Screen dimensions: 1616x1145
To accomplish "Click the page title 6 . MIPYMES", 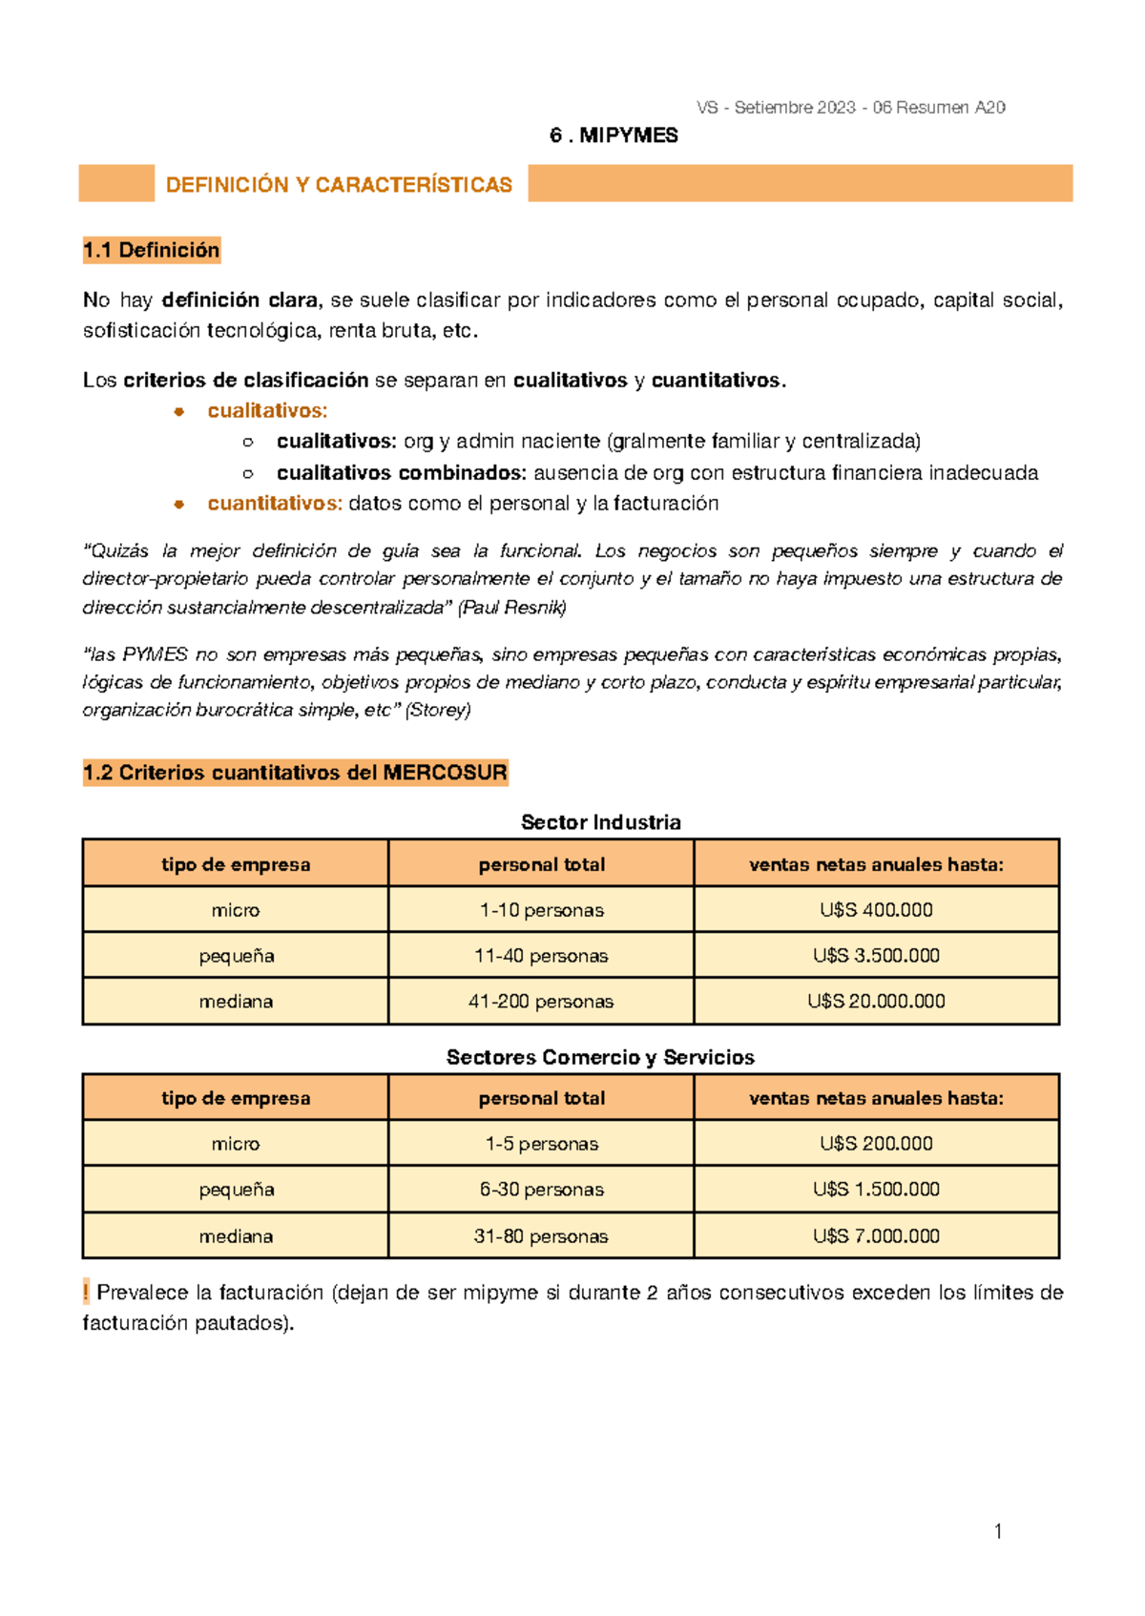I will point(614,135).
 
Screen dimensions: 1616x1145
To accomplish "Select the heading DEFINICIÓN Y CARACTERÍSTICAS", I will point(339,185).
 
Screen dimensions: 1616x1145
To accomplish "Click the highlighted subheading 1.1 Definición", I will point(151,250).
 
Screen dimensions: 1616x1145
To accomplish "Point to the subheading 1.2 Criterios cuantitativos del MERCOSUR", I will point(295,773).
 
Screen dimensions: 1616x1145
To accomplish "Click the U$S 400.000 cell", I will point(876,910).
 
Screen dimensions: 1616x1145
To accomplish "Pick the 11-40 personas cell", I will point(541,956).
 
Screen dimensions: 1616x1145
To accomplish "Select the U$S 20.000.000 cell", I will point(876,1002).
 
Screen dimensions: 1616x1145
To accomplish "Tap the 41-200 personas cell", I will point(541,1002).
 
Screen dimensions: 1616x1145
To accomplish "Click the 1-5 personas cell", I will point(541,1144).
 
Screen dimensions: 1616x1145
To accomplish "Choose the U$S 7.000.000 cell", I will point(876,1236).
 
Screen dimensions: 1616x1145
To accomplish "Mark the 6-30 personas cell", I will point(541,1190).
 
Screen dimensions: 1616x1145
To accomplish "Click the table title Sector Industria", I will point(600,822).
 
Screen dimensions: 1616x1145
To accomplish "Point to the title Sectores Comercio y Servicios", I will point(600,1057).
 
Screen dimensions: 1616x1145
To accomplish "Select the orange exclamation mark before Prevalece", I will point(86,1293).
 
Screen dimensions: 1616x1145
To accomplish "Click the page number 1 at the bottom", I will point(998,1532).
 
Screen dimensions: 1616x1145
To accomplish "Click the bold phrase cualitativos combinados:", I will point(401,473).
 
